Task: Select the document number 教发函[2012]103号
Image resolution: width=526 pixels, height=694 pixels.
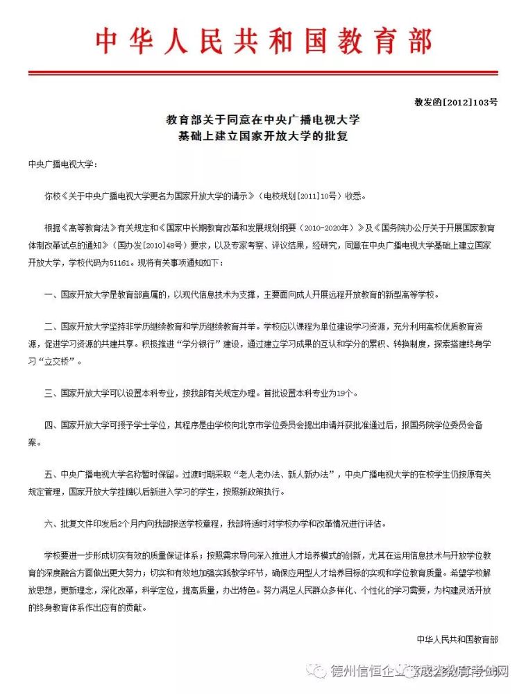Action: click(456, 102)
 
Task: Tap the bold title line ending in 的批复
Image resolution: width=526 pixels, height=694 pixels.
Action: click(263, 136)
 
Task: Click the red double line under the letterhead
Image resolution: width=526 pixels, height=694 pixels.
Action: click(263, 71)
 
